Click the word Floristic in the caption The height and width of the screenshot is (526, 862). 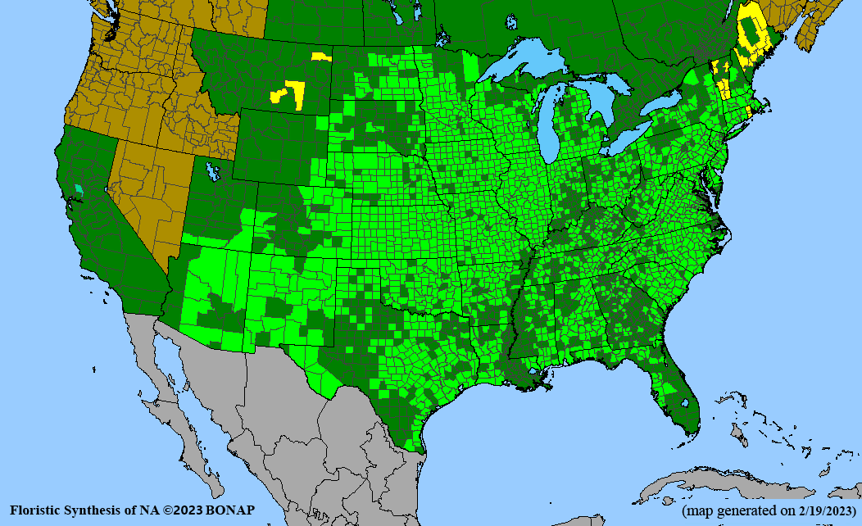point(38,510)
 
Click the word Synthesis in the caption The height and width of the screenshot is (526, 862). point(97,510)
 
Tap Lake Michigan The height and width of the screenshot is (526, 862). point(555,123)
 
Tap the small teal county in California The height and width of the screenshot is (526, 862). point(79,188)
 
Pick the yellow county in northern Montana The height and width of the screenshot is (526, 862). point(320,57)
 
